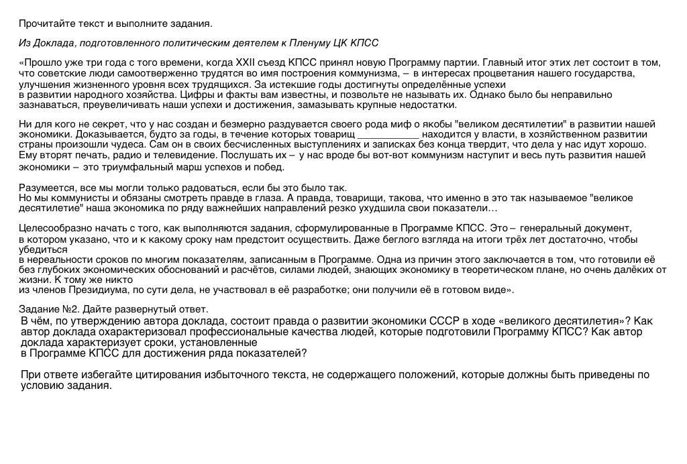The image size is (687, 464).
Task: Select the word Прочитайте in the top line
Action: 44,23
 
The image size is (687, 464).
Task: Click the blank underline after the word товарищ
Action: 388,134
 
